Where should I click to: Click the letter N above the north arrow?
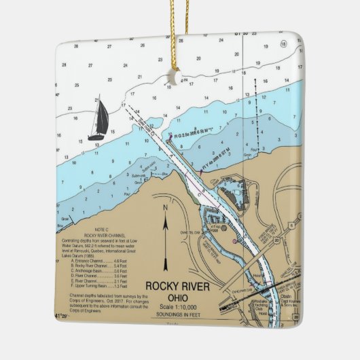click(x=164, y=206)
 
